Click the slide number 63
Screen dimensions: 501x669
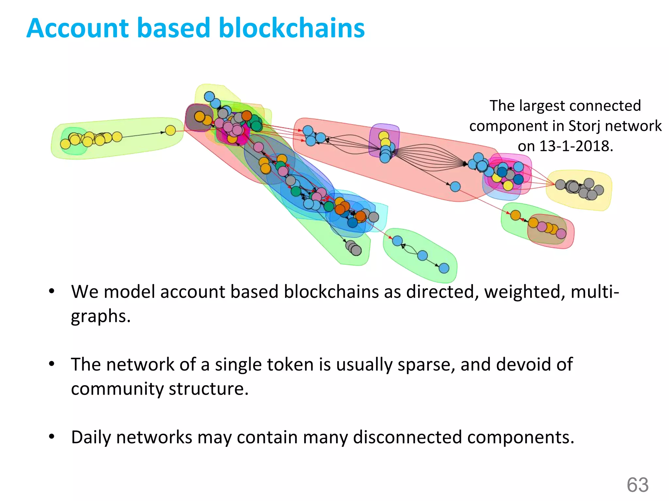[x=637, y=485]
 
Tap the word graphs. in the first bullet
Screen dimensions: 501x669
[x=101, y=316]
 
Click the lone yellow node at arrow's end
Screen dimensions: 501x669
[x=170, y=130]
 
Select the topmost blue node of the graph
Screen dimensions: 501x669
[x=209, y=97]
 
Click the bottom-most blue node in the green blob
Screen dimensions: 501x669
[x=444, y=268]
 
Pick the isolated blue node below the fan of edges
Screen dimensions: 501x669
[x=455, y=187]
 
